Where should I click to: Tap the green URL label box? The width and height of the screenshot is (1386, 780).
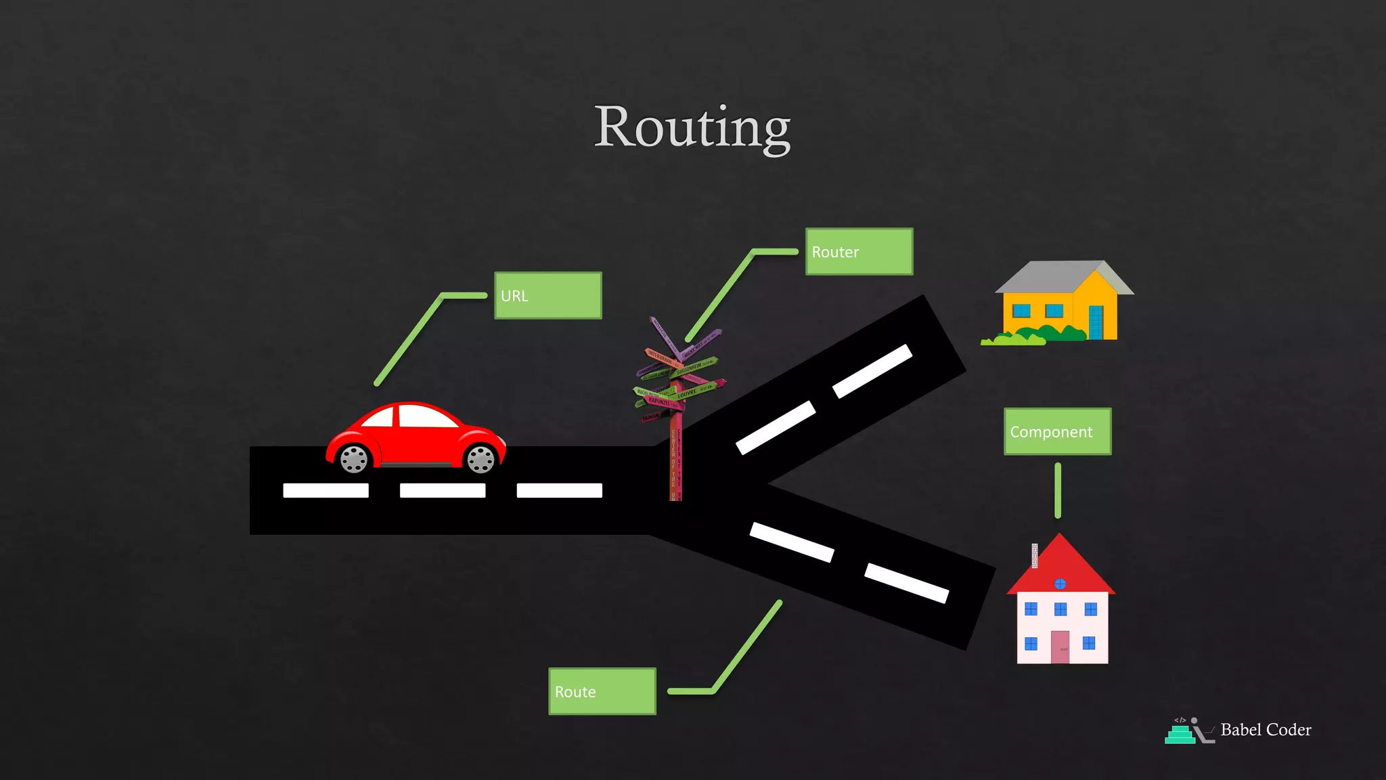point(547,295)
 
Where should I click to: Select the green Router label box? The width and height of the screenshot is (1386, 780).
point(859,252)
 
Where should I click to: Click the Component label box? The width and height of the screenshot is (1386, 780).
point(1057,431)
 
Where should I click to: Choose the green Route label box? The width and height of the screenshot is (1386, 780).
point(602,691)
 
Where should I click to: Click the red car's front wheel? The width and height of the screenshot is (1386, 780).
point(481,460)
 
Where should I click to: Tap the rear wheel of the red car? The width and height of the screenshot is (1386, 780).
point(353,460)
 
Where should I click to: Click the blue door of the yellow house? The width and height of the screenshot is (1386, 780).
point(1096,322)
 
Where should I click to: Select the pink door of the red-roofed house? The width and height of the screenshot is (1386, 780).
point(1060,647)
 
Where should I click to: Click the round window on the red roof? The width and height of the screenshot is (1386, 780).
point(1060,584)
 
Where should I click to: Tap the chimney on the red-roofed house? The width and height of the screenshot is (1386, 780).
point(1035,555)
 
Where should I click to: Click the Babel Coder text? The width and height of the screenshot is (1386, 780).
point(1266,730)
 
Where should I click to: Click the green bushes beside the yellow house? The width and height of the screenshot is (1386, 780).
point(1042,334)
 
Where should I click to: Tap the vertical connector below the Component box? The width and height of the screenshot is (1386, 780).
point(1058,490)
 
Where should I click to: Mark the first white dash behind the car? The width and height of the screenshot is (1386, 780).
point(326,490)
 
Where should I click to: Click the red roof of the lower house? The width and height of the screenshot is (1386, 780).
point(1060,569)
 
